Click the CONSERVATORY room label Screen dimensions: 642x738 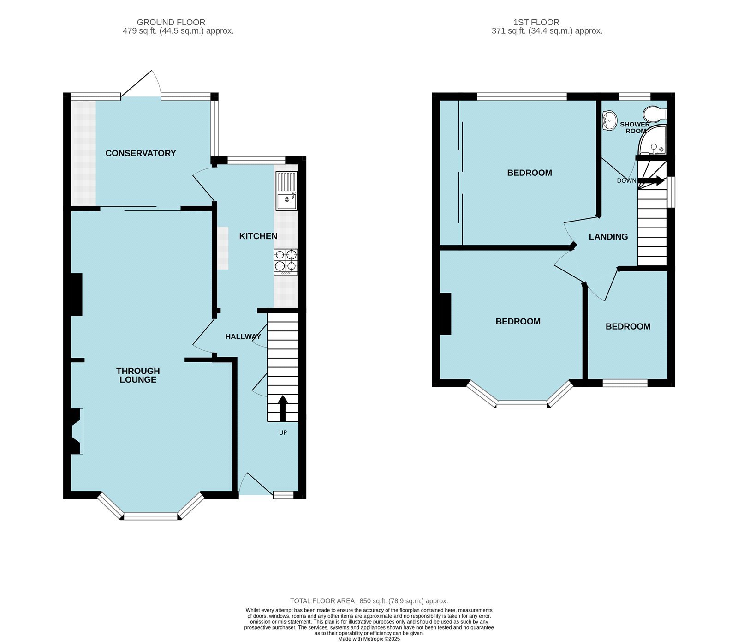pyautogui.click(x=141, y=153)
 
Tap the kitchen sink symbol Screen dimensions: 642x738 pyautogui.click(x=286, y=191)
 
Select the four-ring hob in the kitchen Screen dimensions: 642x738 pyautogui.click(x=286, y=262)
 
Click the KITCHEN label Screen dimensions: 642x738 pyautogui.click(x=258, y=236)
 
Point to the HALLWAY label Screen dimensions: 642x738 pyautogui.click(x=243, y=337)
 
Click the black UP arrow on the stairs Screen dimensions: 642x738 pyautogui.click(x=283, y=408)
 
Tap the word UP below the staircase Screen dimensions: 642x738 pyautogui.click(x=283, y=433)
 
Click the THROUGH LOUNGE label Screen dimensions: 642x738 pyautogui.click(x=138, y=375)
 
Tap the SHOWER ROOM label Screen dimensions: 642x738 pyautogui.click(x=635, y=128)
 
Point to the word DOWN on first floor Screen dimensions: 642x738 pyautogui.click(x=626, y=181)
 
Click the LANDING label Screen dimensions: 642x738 pyautogui.click(x=608, y=237)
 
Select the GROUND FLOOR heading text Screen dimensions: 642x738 pyautogui.click(x=171, y=22)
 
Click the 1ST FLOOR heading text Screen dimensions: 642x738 pyautogui.click(x=536, y=22)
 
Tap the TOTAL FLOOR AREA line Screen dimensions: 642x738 pyautogui.click(x=369, y=601)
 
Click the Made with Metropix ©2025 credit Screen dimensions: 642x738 pyautogui.click(x=369, y=639)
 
